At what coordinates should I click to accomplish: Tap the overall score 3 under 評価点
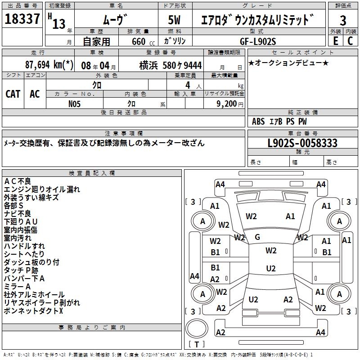tap(343, 21)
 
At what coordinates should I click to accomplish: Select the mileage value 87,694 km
tap(49, 65)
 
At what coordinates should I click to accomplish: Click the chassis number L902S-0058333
tap(302, 144)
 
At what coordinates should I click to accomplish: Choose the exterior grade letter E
tap(335, 41)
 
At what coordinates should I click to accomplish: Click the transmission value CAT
tap(13, 94)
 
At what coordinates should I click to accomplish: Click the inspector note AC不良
tap(18, 181)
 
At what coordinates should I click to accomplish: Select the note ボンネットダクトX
tap(34, 311)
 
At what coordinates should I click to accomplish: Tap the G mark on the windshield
tap(257, 237)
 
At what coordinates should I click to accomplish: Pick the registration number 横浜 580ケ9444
tap(171, 66)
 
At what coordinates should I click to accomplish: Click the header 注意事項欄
tap(124, 134)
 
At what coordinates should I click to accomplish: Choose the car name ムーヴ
tap(116, 20)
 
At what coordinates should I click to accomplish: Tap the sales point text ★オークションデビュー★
tap(288, 63)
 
